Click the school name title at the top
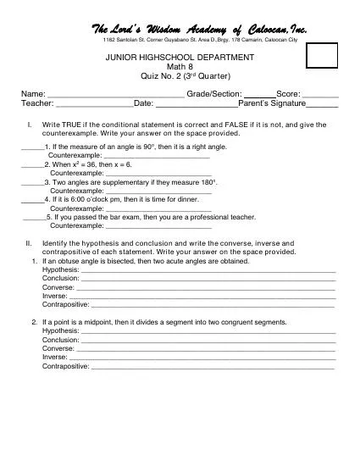198,31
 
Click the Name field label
33,93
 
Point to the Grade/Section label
214,93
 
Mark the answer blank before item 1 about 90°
32,147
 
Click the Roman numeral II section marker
29,243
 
